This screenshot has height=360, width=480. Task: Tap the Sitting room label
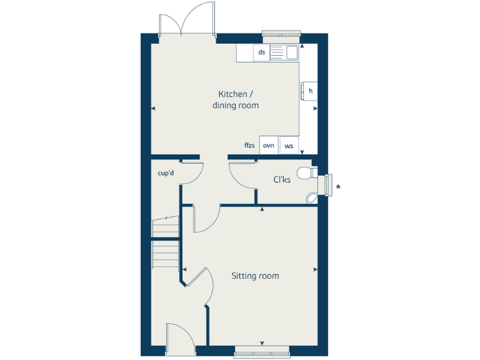pyautogui.click(x=255, y=276)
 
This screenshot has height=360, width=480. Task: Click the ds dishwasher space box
pyautogui.click(x=261, y=52)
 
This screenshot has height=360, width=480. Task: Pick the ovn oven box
pyautogui.click(x=269, y=145)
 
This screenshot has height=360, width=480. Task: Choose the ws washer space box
pyautogui.click(x=289, y=145)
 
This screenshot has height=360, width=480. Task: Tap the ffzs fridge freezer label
pyautogui.click(x=249, y=145)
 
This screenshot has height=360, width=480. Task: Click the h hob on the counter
pyautogui.click(x=309, y=91)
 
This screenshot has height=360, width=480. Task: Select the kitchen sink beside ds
pyautogui.click(x=289, y=53)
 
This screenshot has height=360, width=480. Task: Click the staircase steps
pyautogui.click(x=166, y=241)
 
